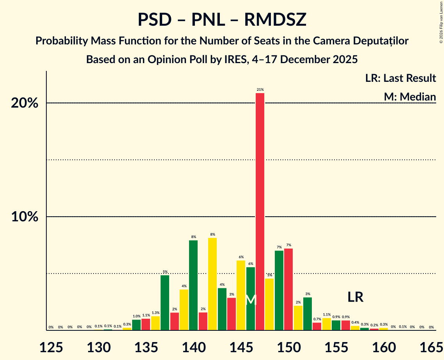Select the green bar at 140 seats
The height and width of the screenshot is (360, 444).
coord(193,285)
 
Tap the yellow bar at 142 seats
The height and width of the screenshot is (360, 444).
coord(212,284)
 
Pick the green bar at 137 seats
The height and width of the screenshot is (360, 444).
coord(165,303)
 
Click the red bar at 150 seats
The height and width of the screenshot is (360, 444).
coord(288,289)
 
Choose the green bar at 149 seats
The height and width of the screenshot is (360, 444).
coord(279,290)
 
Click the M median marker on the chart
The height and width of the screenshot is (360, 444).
coord(251,300)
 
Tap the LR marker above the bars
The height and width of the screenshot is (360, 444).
coord(356,297)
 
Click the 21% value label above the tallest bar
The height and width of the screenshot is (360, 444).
coord(260,90)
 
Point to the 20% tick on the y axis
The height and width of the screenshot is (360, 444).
coord(24,103)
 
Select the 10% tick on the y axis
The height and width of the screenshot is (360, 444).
coord(24,217)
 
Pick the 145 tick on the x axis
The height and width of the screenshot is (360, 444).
coord(241,346)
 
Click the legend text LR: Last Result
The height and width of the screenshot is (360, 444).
coord(400,78)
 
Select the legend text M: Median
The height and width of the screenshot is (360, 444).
coord(410,97)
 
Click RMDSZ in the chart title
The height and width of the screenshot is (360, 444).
coord(275,20)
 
